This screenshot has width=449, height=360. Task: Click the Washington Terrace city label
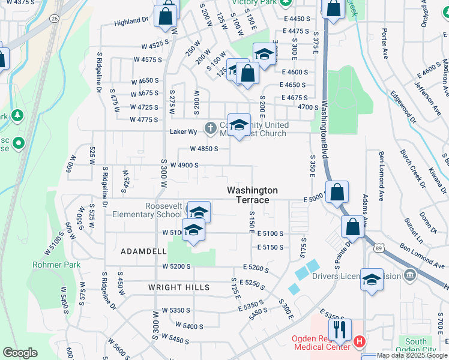(252, 194)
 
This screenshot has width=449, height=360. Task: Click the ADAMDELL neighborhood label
(142, 250)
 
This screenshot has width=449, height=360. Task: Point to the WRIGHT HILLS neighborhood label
(179, 287)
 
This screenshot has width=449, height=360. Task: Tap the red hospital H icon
(359, 342)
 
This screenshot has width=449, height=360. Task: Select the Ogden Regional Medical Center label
(321, 343)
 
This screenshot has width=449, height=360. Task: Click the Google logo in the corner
(20, 353)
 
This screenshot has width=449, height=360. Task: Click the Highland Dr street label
(131, 20)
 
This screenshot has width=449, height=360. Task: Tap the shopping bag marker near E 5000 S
(338, 192)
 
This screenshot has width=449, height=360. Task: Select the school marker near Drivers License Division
(372, 280)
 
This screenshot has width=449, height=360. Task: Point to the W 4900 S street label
(184, 165)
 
